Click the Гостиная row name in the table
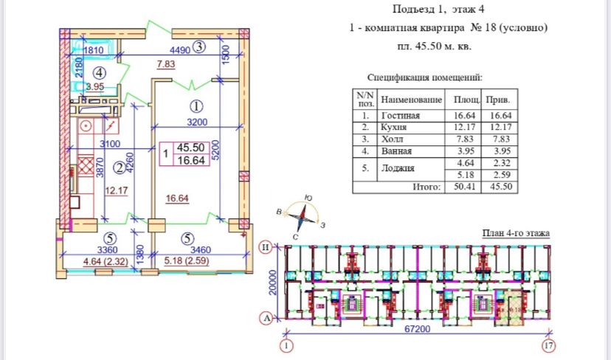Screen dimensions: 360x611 pos(400,116)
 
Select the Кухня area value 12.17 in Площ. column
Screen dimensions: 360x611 pos(464,128)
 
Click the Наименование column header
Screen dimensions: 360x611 pos(412,100)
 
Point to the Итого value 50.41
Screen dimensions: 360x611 pos(464,187)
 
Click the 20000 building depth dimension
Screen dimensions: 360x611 pos(272,282)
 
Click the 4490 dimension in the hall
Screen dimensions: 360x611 pos(181,50)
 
